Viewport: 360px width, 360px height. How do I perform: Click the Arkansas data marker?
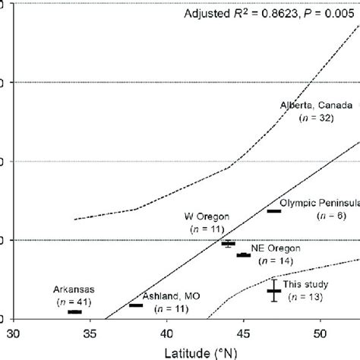(x=74, y=311)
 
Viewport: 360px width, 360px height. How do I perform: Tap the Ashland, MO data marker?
(x=136, y=305)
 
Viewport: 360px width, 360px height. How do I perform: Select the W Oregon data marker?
(x=228, y=243)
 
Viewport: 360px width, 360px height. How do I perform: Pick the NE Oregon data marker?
(x=244, y=255)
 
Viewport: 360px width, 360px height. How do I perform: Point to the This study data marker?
(x=274, y=290)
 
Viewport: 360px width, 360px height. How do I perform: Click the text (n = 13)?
(x=304, y=297)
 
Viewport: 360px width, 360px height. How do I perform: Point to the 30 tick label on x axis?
(x=13, y=333)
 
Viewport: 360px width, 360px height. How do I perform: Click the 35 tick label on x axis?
(x=90, y=333)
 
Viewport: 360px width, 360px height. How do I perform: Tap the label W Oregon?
(x=208, y=216)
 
